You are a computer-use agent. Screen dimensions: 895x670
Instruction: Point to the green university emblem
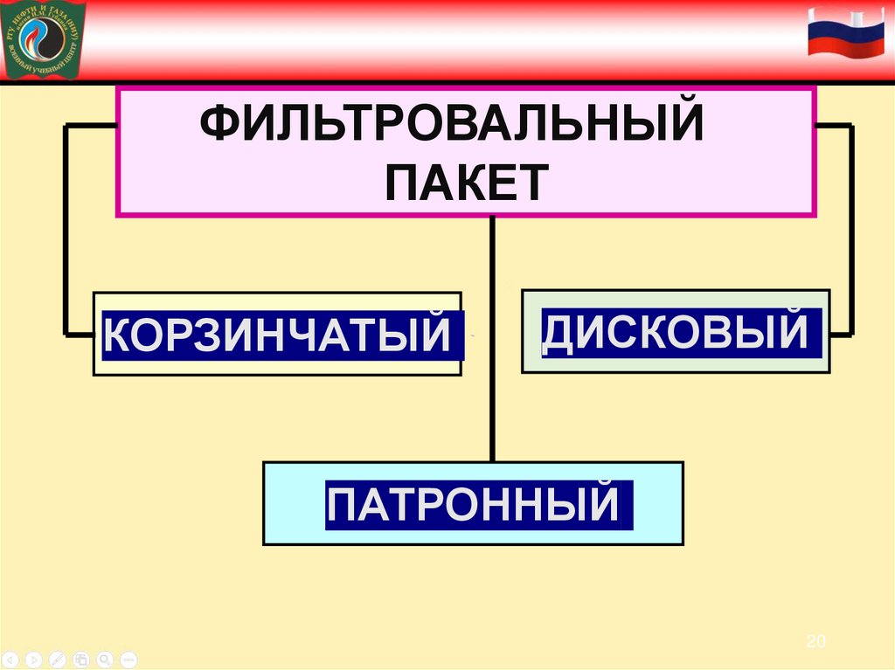coord(44,39)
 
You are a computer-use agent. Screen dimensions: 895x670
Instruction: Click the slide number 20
coord(815,642)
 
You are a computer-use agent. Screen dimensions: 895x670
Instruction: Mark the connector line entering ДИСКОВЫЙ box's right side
coord(841,333)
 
